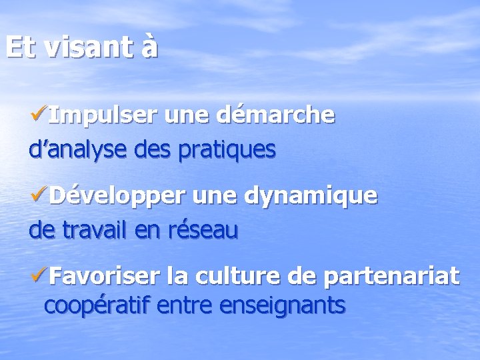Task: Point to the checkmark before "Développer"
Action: pos(39,196)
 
